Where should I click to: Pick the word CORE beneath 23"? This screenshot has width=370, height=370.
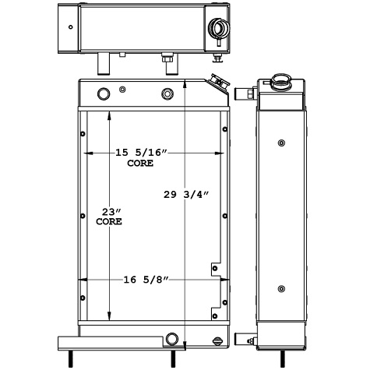coord(109,222)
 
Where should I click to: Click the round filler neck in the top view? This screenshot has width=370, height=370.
coord(217,30)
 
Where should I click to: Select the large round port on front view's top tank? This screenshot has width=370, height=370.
coord(104,95)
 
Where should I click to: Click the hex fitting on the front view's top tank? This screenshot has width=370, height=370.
coord(166,95)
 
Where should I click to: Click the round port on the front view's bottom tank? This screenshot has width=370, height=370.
coord(171,339)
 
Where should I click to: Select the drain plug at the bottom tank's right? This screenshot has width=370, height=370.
coord(218,340)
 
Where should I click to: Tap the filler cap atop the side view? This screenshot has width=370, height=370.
coord(278,80)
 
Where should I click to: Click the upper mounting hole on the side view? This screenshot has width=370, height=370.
coord(280,143)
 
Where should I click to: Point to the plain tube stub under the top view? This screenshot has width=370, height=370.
coord(103,62)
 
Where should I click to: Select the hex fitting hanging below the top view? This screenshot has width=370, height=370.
coord(166,59)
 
